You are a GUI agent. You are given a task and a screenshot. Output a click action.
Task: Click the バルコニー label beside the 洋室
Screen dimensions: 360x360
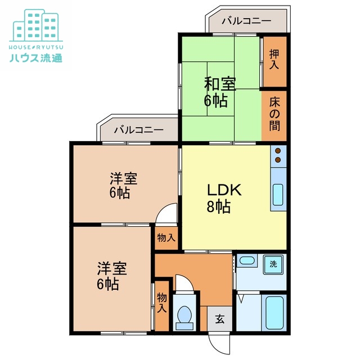click(138, 130)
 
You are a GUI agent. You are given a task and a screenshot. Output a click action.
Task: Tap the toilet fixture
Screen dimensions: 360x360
click(184, 316)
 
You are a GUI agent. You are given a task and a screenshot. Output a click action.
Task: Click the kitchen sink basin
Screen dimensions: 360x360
click(278, 194)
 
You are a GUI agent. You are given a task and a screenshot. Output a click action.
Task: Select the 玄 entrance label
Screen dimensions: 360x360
click(219, 319)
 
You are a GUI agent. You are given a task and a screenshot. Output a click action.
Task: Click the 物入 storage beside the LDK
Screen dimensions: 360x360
click(166, 238)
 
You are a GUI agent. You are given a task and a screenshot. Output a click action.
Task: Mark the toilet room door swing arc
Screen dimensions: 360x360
click(185, 282)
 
